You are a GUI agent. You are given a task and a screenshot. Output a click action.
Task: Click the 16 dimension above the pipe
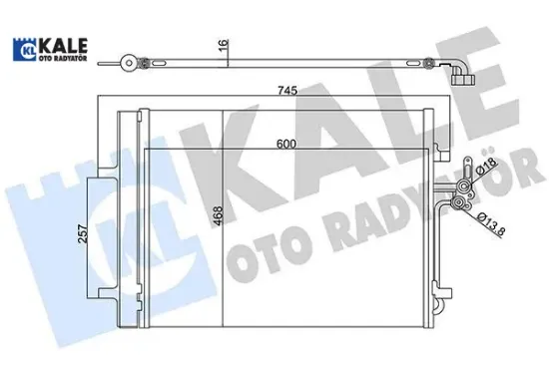225,45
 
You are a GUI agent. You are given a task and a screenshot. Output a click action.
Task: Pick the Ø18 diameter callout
485,169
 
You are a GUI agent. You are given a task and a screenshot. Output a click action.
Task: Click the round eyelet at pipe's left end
129,63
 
